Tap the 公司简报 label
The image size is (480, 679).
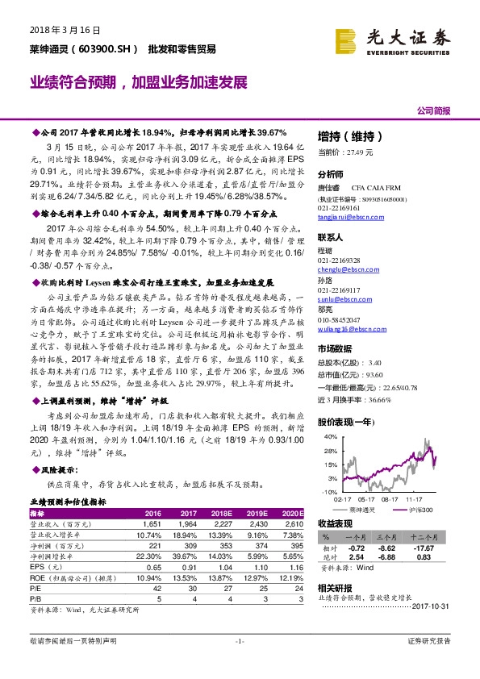pos(432,110)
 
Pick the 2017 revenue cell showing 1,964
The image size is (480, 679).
pos(187,524)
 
